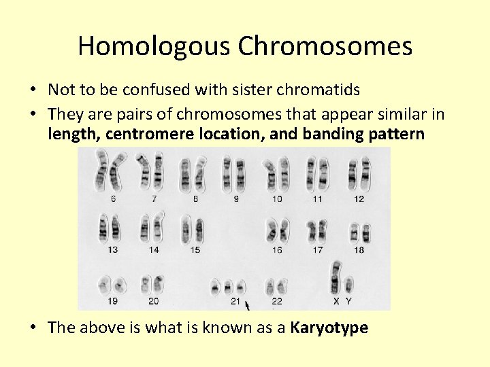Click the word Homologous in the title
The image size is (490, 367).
point(154,46)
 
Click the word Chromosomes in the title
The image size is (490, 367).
point(325,46)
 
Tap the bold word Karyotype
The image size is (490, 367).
point(329,328)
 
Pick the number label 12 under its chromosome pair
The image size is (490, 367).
point(359,198)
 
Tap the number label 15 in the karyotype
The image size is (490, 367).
point(195,249)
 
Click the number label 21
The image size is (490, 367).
point(235,300)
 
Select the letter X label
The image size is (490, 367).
point(336,300)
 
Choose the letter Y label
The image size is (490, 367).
point(348,300)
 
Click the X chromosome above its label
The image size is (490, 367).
point(336,277)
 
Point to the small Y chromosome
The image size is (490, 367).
point(348,284)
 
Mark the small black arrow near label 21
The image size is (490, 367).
point(247,304)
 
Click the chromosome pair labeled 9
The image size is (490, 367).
point(235,174)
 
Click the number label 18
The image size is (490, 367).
point(359,249)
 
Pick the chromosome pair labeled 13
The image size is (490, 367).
point(111,228)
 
